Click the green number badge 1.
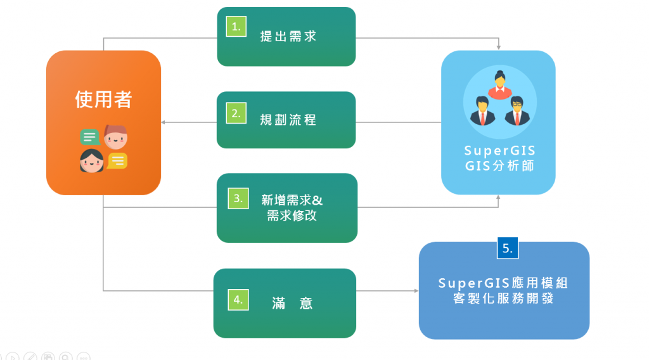click(x=236, y=27)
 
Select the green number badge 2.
click(x=236, y=114)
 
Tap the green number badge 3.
click(x=238, y=198)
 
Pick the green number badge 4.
click(x=238, y=300)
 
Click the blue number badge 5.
click(x=508, y=248)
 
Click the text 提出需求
click(x=288, y=36)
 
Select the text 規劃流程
click(x=288, y=120)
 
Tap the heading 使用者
click(x=103, y=100)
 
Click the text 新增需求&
click(x=292, y=200)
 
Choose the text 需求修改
click(x=292, y=215)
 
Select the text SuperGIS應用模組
click(x=503, y=283)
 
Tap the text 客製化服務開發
click(x=503, y=298)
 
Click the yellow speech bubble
click(x=117, y=161)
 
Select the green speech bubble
click(x=89, y=137)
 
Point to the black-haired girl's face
click(x=91, y=162)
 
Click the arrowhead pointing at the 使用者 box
click(x=164, y=122)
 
